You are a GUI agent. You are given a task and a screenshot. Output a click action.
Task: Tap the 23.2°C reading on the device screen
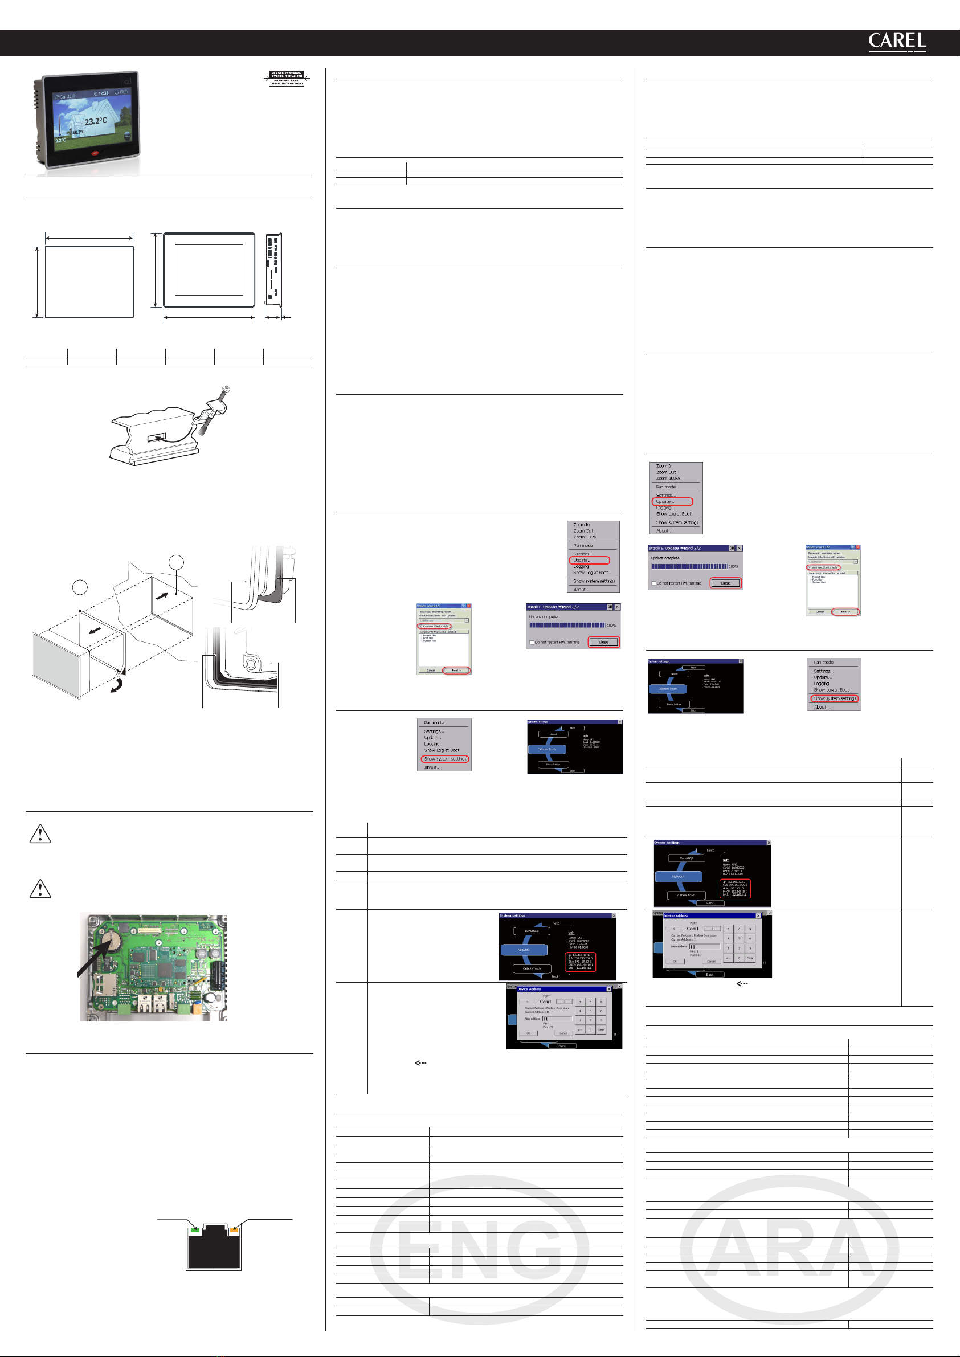96,121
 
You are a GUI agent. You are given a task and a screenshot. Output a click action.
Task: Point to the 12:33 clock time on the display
101,93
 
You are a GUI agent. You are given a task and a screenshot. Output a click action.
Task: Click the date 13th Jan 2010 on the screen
64,96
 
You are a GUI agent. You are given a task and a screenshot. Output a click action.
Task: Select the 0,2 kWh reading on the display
121,92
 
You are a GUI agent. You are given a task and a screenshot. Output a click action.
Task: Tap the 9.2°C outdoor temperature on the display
60,140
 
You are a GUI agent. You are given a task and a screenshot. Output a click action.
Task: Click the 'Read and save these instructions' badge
287,79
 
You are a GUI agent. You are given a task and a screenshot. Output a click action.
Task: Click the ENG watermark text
479,1248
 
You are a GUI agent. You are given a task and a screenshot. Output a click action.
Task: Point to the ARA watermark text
790,1248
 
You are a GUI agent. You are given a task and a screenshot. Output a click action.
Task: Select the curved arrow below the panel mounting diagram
117,685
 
